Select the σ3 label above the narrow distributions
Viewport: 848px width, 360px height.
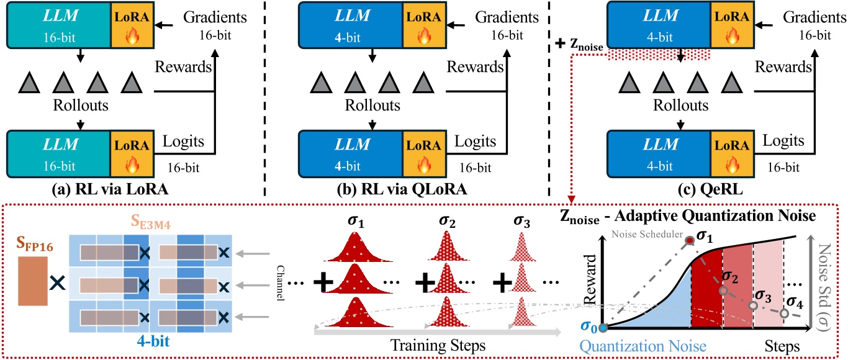pos(526,221)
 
